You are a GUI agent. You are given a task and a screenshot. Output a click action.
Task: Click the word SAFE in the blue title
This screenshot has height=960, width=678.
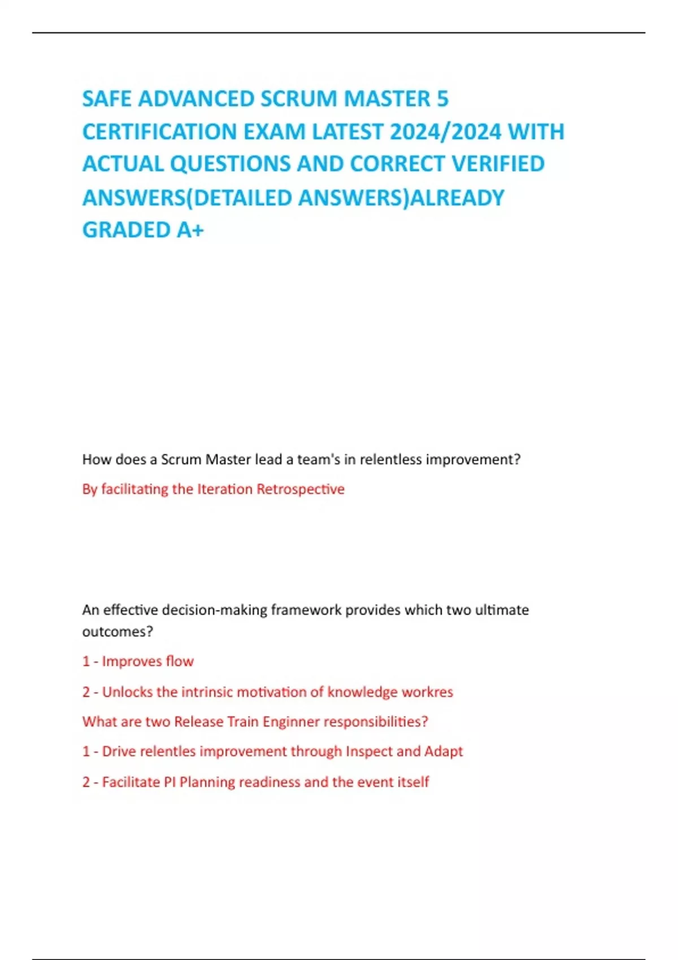[107, 99]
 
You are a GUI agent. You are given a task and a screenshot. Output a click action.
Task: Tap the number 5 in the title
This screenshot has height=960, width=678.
[442, 99]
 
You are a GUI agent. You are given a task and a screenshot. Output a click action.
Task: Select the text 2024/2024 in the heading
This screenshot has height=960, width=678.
[445, 132]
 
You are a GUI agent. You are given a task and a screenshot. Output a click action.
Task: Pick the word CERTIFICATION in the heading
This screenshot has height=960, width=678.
[159, 132]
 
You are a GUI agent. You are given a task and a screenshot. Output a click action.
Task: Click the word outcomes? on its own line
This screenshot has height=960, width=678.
[118, 631]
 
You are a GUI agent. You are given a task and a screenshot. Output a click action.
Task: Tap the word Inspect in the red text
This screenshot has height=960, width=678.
[369, 752]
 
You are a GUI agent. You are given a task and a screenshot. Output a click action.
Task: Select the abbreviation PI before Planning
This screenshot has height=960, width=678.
[169, 782]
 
